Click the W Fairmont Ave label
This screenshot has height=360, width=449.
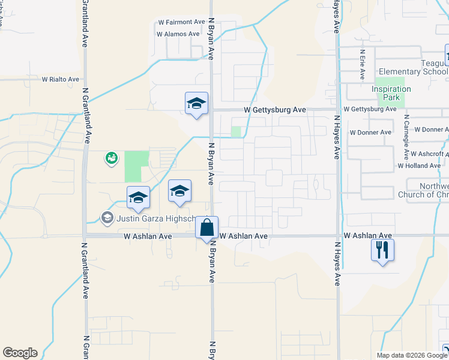181,22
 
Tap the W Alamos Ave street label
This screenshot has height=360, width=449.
178,34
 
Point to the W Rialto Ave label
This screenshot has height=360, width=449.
60,79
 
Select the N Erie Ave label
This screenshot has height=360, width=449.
363,65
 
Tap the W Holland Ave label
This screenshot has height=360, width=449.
419,166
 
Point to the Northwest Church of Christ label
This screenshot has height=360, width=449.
423,190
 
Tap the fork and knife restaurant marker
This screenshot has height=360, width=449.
382,248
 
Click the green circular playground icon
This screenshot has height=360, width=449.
111,158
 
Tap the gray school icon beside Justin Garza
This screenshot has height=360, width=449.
107,217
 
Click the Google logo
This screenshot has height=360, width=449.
20,353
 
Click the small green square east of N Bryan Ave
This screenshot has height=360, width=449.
237,131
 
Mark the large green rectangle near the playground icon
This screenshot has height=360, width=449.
136,166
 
